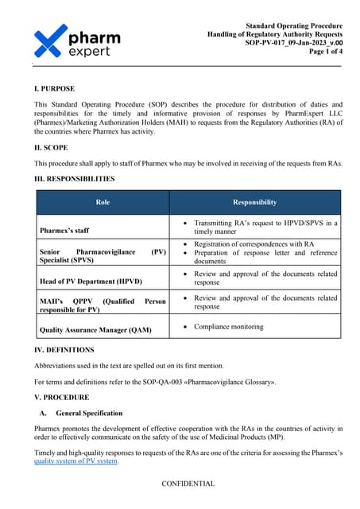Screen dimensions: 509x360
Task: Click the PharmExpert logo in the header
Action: point(77,41)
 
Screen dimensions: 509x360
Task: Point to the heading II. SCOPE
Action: point(52,148)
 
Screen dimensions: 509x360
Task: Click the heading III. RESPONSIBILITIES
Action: point(75,179)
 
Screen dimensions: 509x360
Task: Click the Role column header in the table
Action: point(103,202)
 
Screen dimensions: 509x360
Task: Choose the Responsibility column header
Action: point(254,202)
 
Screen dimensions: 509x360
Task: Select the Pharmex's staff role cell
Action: point(66,231)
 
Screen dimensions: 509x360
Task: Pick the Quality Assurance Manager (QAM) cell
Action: point(95,328)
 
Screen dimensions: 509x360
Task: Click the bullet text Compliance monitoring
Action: point(229,326)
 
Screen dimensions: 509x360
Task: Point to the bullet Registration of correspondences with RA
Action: point(254,243)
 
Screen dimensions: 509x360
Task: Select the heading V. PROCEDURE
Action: point(62,398)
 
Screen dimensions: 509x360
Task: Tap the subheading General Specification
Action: point(89,413)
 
